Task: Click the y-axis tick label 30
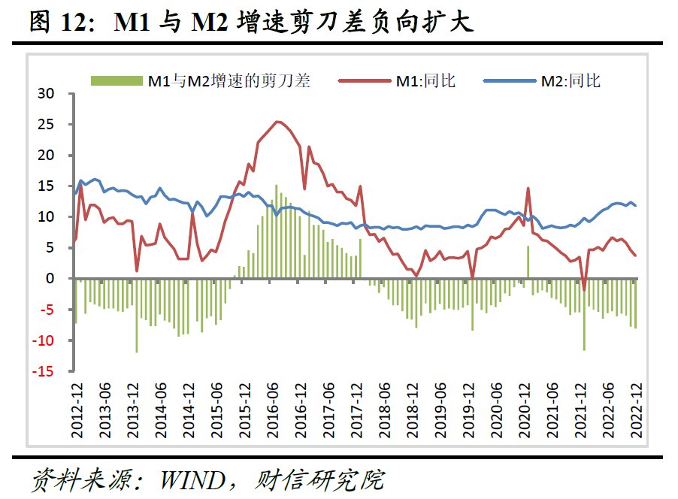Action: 47,94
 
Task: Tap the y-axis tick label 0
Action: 51,279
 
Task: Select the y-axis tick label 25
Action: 47,125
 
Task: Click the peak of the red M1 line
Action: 277,122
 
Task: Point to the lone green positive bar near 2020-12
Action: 528,262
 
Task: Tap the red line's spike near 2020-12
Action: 528,189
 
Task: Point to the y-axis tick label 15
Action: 47,186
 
